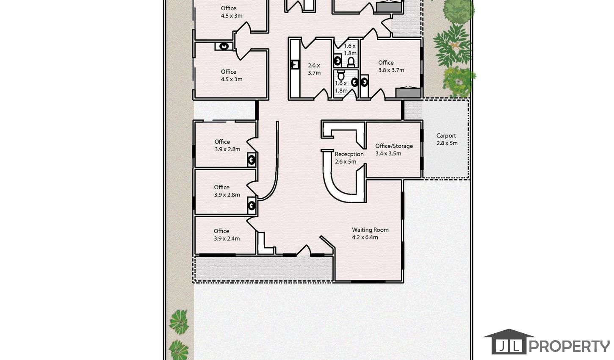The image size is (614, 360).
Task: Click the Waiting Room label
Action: pyautogui.click(x=371, y=230)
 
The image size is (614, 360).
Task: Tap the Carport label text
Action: pyautogui.click(x=446, y=136)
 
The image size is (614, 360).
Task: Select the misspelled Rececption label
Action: pyautogui.click(x=349, y=154)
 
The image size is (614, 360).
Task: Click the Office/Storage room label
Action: pyautogui.click(x=394, y=146)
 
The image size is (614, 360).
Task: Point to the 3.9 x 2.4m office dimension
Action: pyautogui.click(x=227, y=238)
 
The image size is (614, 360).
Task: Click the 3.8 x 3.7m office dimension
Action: pyautogui.click(x=391, y=70)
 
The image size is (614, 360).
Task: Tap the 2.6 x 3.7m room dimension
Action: pyautogui.click(x=314, y=69)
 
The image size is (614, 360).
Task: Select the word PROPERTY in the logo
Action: pyautogui.click(x=569, y=346)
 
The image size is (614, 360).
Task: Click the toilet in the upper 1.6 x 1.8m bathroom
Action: pyautogui.click(x=351, y=62)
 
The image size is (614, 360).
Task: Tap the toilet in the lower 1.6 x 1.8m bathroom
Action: pyautogui.click(x=341, y=75)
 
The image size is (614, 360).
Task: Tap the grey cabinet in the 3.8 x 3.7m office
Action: pyautogui.click(x=408, y=92)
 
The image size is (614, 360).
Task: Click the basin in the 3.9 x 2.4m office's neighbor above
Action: pyautogui.click(x=252, y=205)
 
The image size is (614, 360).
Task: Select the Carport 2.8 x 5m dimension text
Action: pyautogui.click(x=447, y=143)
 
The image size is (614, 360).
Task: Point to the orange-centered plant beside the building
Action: pyautogui.click(x=454, y=45)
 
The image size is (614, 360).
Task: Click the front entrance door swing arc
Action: pyautogui.click(x=304, y=250)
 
